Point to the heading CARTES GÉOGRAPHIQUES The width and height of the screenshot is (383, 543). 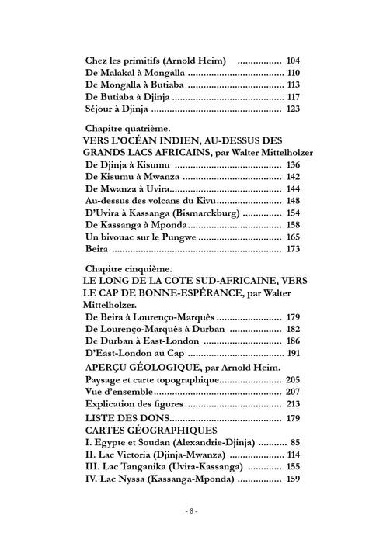(x=143, y=431)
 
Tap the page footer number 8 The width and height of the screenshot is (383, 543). (x=192, y=512)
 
